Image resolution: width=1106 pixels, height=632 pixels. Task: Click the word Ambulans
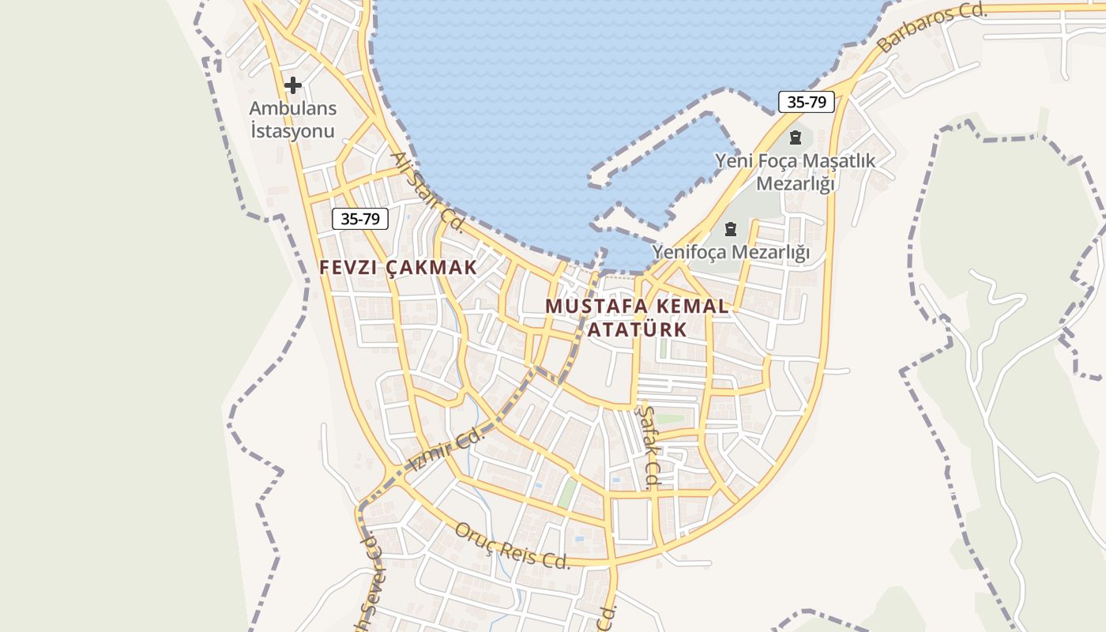[293, 109]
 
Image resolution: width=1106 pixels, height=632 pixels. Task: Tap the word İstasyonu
[293, 131]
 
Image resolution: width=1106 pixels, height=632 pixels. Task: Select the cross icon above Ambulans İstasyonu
[293, 85]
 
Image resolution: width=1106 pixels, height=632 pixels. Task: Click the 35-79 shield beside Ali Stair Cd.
[360, 219]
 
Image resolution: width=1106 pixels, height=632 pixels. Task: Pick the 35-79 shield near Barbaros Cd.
[807, 102]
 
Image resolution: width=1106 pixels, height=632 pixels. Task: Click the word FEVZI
[348, 268]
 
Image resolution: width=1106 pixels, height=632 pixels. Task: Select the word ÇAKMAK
[432, 268]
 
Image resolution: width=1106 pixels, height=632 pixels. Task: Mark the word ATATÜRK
[638, 329]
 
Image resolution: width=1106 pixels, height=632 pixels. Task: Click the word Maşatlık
[839, 161]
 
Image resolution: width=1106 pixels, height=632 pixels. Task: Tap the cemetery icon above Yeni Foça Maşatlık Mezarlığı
[796, 137]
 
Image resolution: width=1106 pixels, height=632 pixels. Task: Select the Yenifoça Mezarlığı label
[731, 253]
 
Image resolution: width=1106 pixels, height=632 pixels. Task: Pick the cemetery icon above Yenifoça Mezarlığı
[731, 230]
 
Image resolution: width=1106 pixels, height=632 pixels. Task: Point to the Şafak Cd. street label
[650, 447]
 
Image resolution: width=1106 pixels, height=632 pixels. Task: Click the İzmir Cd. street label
[447, 450]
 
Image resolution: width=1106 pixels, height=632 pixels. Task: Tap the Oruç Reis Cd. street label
[512, 546]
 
